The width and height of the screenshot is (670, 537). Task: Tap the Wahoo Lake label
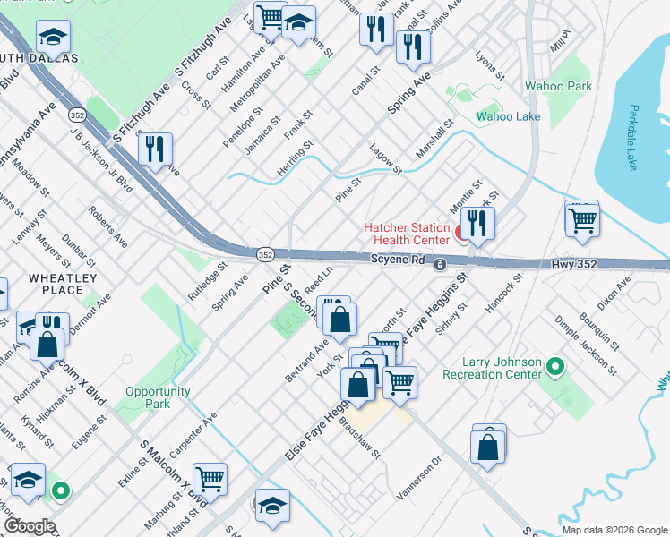pos(504,116)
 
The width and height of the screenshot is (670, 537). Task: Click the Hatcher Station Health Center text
pos(406,234)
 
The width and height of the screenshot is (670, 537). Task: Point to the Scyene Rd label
pos(397,259)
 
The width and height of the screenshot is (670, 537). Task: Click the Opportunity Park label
pos(158,397)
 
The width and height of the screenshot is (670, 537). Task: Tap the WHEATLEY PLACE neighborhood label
pos(62,284)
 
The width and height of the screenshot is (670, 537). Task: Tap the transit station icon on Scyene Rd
pos(440,265)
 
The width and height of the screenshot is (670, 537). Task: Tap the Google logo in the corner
pos(29,526)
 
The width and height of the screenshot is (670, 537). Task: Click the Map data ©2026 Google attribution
pos(614,530)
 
